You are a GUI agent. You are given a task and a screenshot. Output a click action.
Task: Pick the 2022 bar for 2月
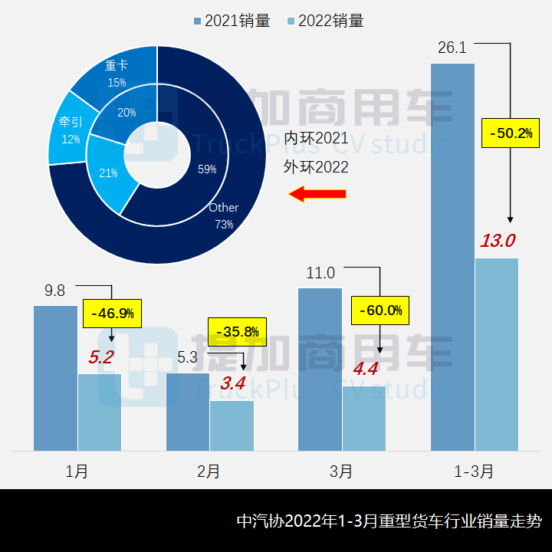coord(232,426)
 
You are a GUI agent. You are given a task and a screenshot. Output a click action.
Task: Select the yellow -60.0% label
coord(380,310)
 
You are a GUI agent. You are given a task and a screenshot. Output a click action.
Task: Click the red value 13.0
coord(498,241)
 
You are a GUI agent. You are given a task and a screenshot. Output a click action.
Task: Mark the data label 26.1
coord(452,48)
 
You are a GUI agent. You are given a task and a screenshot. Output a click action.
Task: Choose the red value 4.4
coord(364,368)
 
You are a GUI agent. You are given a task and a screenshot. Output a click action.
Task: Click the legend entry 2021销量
coord(232,21)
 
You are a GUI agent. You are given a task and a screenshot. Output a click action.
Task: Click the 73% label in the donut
coord(224,225)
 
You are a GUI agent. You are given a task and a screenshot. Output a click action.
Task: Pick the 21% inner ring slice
coord(108,173)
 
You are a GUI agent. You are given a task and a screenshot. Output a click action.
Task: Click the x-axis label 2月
coord(209,472)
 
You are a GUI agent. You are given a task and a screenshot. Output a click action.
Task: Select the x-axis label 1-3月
coord(474,472)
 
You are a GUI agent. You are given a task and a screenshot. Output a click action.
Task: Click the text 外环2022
coord(316,167)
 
